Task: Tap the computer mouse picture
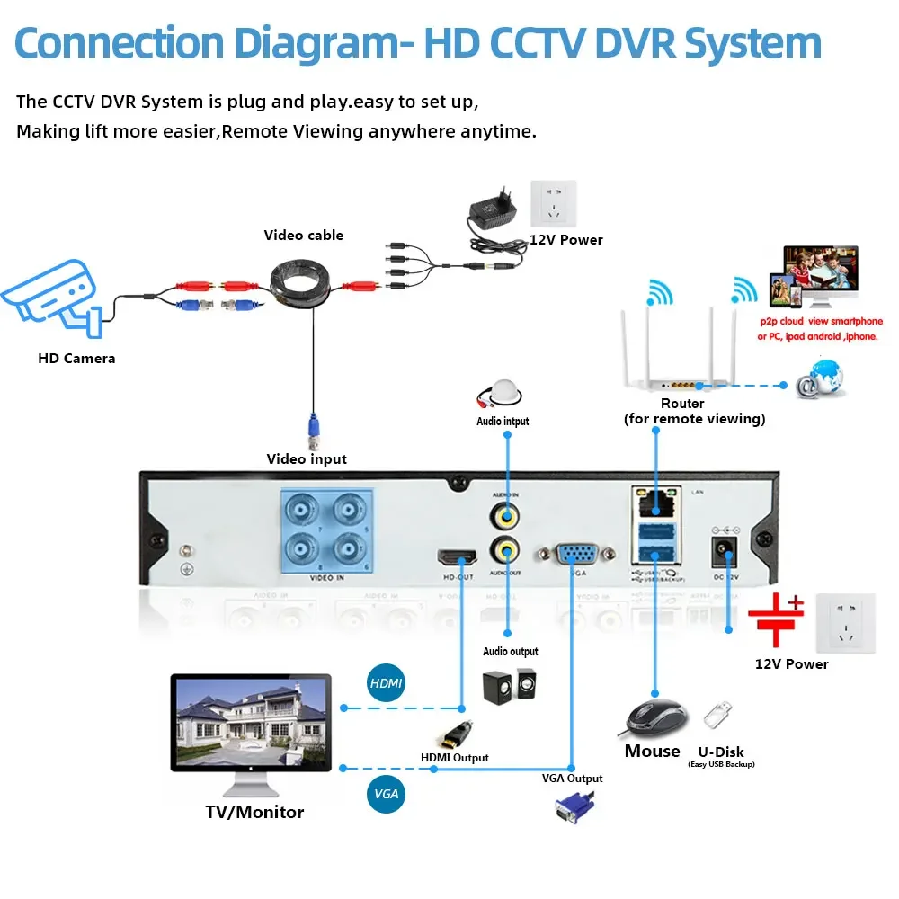[656, 717]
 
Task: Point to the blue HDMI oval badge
[387, 684]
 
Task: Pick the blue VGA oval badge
[387, 795]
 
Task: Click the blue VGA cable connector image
[573, 810]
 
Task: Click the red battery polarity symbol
[776, 619]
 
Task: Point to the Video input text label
[307, 459]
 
